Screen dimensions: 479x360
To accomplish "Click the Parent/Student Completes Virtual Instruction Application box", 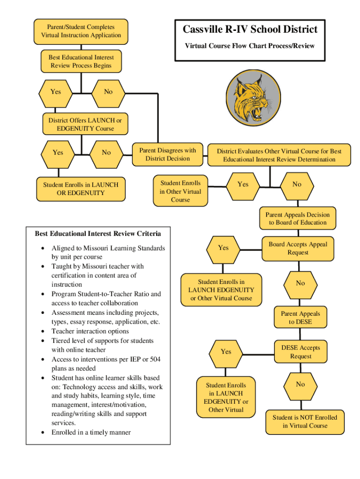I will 81,31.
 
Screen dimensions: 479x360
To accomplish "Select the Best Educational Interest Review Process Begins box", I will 81,61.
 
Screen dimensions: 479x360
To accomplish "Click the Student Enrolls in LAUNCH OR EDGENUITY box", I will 81,189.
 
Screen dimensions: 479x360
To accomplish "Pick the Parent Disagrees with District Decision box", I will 167,154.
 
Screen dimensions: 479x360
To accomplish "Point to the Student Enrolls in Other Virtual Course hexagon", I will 180,191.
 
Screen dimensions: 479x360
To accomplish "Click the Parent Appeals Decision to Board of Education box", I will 297,218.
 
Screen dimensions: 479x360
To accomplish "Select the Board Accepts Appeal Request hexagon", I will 298,248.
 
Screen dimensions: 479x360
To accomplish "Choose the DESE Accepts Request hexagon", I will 300,352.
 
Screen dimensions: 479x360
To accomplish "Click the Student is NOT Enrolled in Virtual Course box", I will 305,421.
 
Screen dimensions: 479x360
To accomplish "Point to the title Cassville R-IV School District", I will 250,29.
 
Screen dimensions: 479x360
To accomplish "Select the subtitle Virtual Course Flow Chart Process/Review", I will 250,46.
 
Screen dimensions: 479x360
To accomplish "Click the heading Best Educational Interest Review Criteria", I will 98,233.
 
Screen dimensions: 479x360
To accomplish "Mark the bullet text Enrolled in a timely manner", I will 91,432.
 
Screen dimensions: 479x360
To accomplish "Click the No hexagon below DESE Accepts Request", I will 300,385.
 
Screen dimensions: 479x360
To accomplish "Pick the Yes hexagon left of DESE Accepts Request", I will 226,352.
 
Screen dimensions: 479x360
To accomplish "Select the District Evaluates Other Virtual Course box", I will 279,155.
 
